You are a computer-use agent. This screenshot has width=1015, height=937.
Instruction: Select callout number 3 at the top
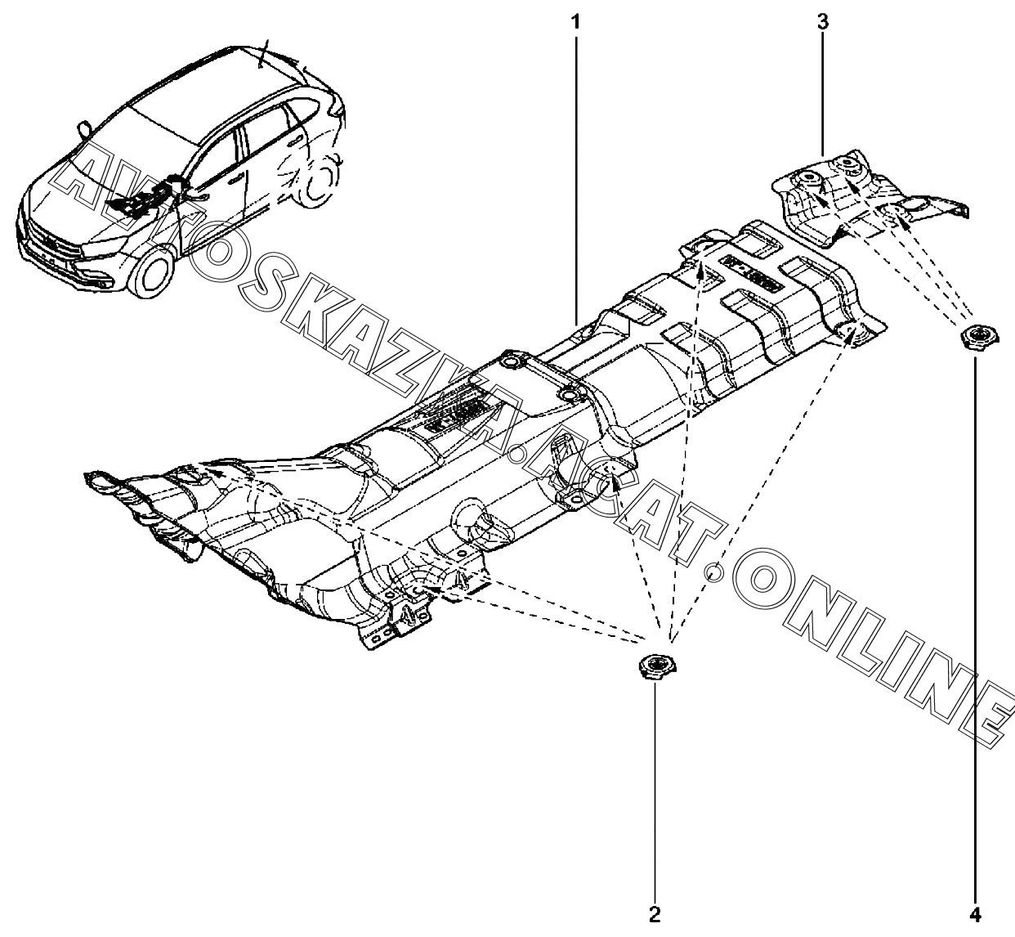[x=823, y=22]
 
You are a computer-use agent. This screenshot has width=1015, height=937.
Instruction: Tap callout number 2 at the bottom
[x=654, y=914]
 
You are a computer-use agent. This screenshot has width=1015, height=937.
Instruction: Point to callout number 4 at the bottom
[x=976, y=914]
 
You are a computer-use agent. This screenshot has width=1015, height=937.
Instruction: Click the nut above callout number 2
[x=654, y=666]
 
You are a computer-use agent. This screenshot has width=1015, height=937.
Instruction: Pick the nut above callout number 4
[x=976, y=337]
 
